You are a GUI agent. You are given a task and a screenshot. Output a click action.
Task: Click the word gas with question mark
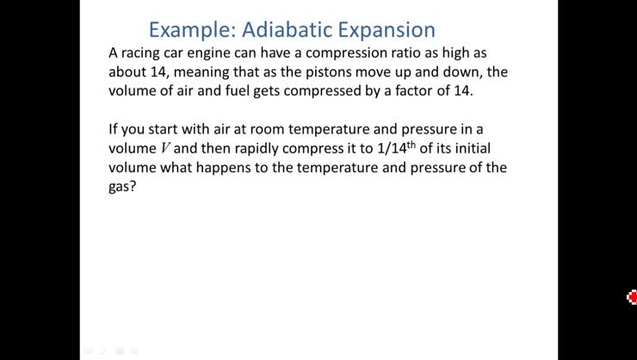coord(123,186)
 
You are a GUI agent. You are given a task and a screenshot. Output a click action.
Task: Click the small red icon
coord(632,297)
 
